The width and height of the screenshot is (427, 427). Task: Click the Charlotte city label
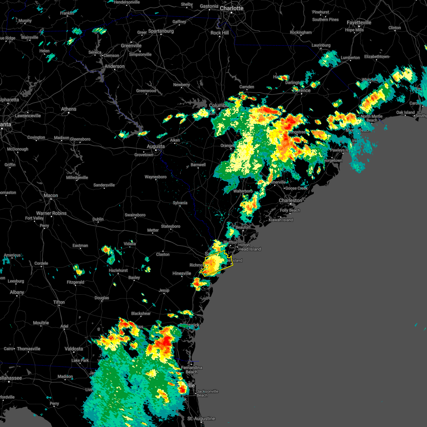pyautogui.click(x=231, y=8)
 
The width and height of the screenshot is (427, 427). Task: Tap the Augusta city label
pyautogui.click(x=156, y=146)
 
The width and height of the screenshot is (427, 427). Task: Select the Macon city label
pyautogui.click(x=51, y=195)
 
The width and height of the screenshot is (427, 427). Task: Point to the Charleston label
pyautogui.click(x=290, y=200)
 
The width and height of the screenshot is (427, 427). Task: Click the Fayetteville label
pyautogui.click(x=359, y=22)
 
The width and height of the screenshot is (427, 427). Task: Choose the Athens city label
pyautogui.click(x=69, y=109)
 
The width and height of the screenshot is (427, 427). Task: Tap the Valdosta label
pyautogui.click(x=74, y=349)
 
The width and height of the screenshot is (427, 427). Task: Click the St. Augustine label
pyautogui.click(x=201, y=418)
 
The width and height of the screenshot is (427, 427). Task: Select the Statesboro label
pyautogui.click(x=170, y=226)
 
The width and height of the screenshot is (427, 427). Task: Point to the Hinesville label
pyautogui.click(x=182, y=273)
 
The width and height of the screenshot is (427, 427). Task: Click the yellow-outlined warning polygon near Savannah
pyautogui.click(x=216, y=263)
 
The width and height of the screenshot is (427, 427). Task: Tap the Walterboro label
pyautogui.click(x=243, y=191)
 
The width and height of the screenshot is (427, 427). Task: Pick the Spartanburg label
pyautogui.click(x=161, y=31)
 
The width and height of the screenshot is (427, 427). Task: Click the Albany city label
pyautogui.click(x=17, y=292)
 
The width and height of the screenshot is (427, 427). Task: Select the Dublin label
pyautogui.click(x=98, y=219)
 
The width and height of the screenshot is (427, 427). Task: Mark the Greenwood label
pyautogui.click(x=146, y=91)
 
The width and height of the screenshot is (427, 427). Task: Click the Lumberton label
pyautogui.click(x=350, y=58)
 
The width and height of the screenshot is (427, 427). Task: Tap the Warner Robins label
pyautogui.click(x=51, y=213)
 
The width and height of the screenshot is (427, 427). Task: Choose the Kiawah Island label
pyautogui.click(x=281, y=220)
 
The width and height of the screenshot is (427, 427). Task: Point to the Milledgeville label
pyautogui.click(x=77, y=178)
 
